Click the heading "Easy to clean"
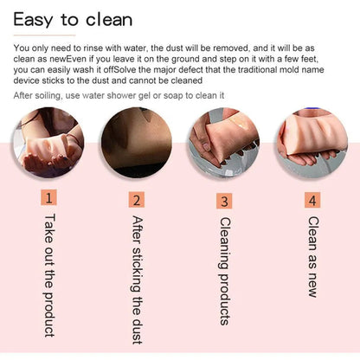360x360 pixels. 73,20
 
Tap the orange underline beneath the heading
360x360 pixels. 44,35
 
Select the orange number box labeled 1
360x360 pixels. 48,197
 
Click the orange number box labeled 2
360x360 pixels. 137,199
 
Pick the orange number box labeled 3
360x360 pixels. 224,201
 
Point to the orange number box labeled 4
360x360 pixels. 312,200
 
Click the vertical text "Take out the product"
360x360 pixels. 49,275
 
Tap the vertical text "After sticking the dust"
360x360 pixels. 138,280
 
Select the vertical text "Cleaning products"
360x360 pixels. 225,271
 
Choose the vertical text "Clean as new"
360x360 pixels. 313,257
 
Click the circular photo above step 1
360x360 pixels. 48,142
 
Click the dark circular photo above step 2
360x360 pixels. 137,142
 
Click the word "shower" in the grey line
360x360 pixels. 120,95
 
